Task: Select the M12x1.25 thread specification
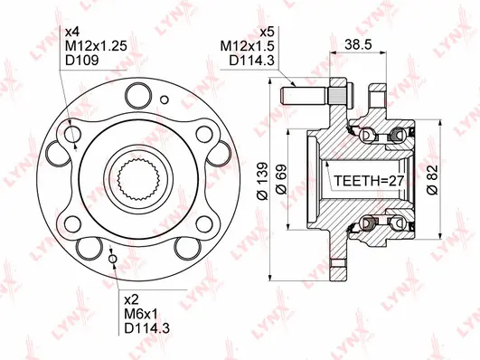pos(92,47)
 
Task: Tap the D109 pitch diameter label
pos(80,62)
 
